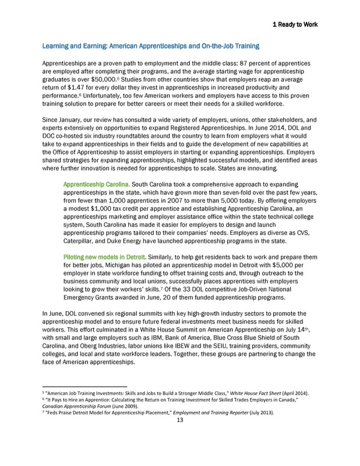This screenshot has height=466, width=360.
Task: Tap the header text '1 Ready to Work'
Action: [295, 25]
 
